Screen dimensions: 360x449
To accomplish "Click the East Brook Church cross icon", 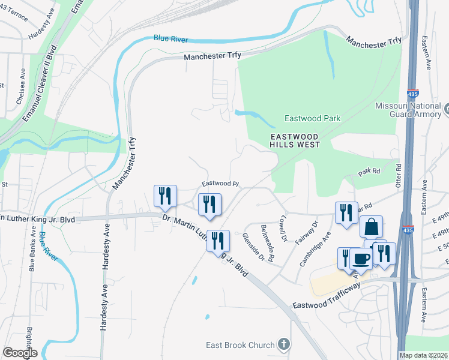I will pyautogui.click(x=284, y=345).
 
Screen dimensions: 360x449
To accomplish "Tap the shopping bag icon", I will pyautogui.click(x=372, y=227).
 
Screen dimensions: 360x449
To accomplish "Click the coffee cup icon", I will pyautogui.click(x=360, y=258).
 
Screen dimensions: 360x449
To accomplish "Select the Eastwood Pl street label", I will pyautogui.click(x=220, y=184).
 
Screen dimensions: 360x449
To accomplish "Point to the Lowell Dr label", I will pyautogui.click(x=283, y=227).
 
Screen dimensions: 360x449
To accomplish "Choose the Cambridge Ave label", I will pyautogui.click(x=323, y=246).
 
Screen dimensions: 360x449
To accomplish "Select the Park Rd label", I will pyautogui.click(x=370, y=172).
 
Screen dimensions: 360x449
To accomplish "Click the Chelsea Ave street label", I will pyautogui.click(x=20, y=94).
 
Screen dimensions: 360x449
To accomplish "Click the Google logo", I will pyautogui.click(x=20, y=352).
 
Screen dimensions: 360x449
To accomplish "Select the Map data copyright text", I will pyautogui.click(x=424, y=355).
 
